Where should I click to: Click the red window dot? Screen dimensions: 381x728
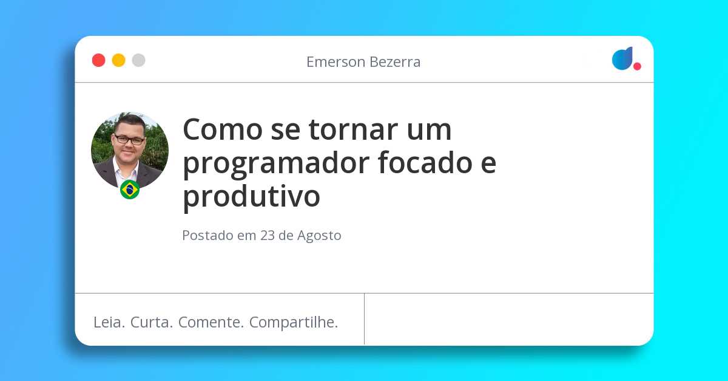[98, 60]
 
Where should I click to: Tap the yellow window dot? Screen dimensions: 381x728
[118, 60]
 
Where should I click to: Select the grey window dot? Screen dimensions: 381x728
[138, 60]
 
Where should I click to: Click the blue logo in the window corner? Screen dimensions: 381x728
[622, 58]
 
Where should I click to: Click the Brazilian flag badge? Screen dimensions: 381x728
[130, 190]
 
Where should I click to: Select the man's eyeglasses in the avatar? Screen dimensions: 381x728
[129, 139]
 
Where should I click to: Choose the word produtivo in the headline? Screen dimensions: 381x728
[251, 196]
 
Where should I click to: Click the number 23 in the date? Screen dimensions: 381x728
[268, 236]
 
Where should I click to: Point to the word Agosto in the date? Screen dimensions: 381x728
[319, 236]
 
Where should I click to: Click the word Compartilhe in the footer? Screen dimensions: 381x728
[294, 323]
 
